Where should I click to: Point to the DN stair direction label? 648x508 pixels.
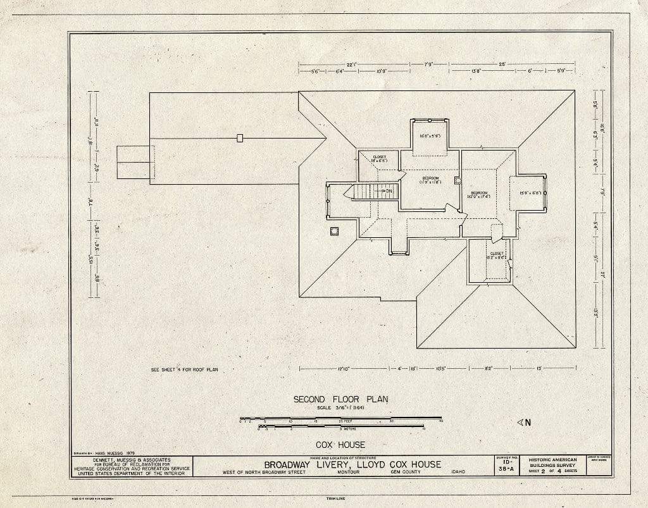pyautogui.click(x=387, y=190)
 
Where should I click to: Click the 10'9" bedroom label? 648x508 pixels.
pyautogui.click(x=478, y=194)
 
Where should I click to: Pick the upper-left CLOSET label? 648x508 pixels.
pyautogui.click(x=379, y=159)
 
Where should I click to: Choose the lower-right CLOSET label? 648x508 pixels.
pyautogui.click(x=497, y=256)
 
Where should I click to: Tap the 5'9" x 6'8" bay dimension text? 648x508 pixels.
pyautogui.click(x=530, y=193)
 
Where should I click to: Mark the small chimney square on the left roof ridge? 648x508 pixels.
pyautogui.click(x=240, y=138)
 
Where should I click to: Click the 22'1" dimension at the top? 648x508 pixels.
pyautogui.click(x=352, y=64)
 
